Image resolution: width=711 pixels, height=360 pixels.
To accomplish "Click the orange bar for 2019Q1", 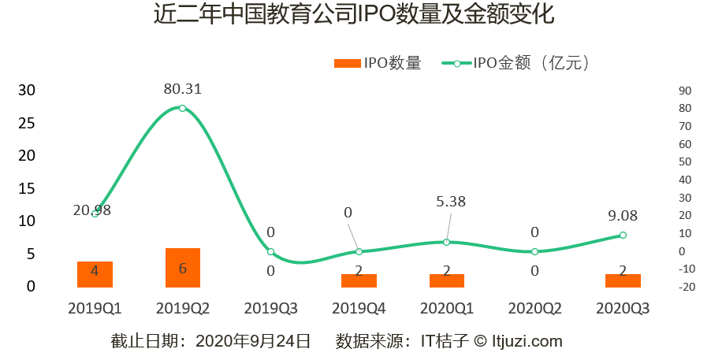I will pos(95,274).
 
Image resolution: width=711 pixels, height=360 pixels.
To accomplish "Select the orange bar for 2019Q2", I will pos(182,268).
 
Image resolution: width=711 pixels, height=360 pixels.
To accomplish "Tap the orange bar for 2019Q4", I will pos(359,280).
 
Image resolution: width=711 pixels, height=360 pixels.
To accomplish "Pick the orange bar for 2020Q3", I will pos(623,280).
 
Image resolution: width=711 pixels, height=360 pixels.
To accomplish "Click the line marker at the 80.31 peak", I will pos(182,108).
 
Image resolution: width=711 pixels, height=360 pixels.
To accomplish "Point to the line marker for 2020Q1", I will pos(447,242).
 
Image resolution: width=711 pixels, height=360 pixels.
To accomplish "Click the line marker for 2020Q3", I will pos(623,235).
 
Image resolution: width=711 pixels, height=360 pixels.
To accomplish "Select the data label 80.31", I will pos(182,89).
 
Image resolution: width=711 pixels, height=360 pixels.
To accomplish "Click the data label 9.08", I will pos(622,215).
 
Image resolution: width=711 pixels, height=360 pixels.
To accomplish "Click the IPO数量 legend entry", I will pos(378,64).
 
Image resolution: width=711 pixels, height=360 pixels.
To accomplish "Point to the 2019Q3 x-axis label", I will pos(270,308).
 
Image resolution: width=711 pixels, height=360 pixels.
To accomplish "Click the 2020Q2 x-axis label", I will pos(534,308).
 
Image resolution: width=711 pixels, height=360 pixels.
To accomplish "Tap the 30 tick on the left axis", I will pos(27,90).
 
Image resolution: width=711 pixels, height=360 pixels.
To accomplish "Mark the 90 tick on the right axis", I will pos(684,90).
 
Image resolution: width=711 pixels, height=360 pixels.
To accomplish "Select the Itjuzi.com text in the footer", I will pos(527,341).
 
